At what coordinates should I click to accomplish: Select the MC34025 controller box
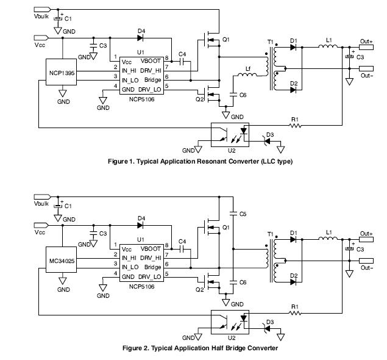pos(62,261)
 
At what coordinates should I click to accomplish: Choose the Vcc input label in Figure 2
pos(40,232)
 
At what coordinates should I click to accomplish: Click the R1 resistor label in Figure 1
pos(294,118)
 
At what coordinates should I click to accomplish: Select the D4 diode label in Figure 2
pos(141,218)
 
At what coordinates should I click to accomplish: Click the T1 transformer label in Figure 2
pos(270,234)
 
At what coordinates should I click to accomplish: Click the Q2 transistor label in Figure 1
pos(199,98)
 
